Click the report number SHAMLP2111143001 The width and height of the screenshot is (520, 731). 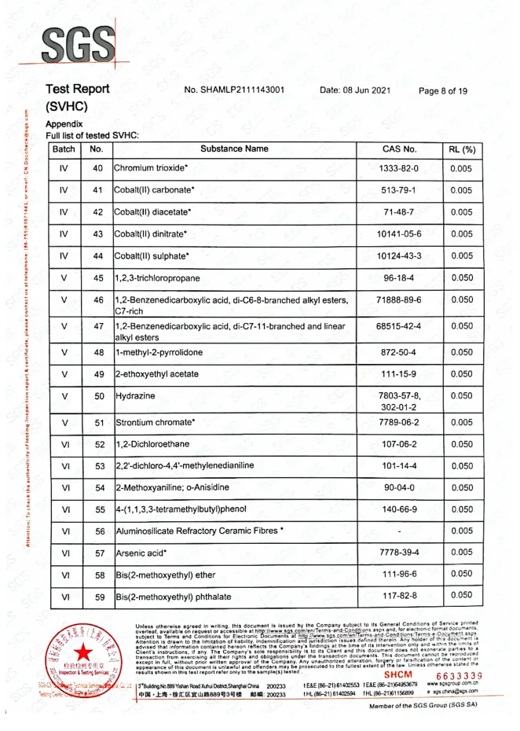click(x=233, y=90)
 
